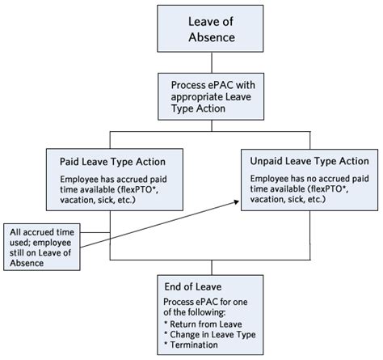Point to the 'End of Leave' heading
tap(194, 287)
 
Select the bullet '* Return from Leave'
tap(203, 324)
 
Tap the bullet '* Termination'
tap(192, 345)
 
